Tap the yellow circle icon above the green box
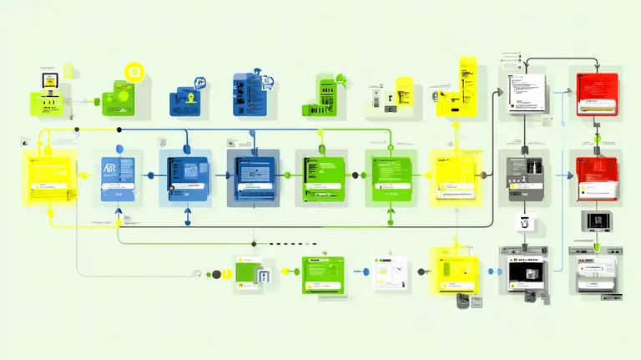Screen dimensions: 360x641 coord(134,74)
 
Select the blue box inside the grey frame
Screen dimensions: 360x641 coord(253,177)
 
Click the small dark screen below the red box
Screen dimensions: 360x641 coord(597,221)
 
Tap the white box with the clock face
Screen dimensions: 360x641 coord(389,271)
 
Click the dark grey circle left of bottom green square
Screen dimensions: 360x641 coord(216,274)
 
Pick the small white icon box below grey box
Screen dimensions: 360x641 coord(524,223)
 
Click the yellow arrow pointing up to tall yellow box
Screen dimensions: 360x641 coord(456,125)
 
